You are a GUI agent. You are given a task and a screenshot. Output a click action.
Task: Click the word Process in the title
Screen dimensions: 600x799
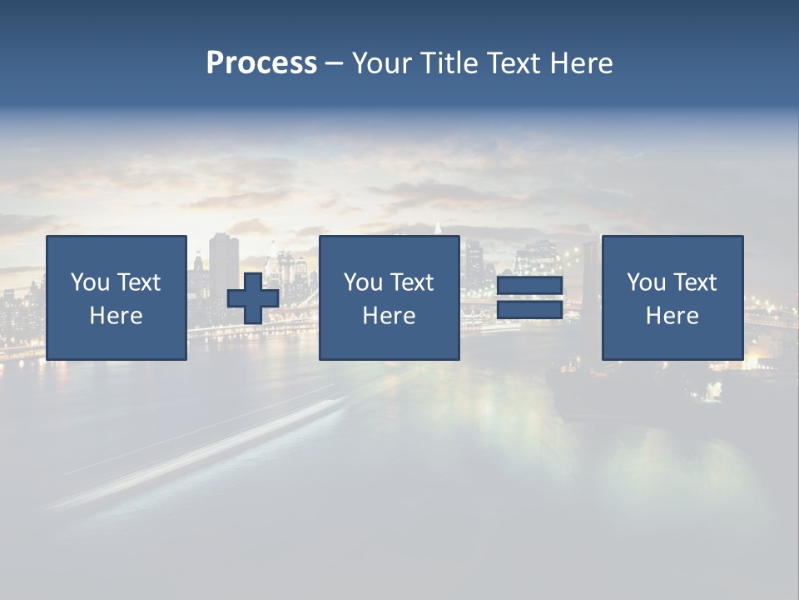click(261, 63)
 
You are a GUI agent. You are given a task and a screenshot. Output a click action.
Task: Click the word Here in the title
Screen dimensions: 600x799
click(582, 63)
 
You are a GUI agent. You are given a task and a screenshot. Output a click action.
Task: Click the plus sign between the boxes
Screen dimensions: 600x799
click(253, 298)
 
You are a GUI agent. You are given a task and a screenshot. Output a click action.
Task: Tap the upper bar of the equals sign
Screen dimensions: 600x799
click(529, 286)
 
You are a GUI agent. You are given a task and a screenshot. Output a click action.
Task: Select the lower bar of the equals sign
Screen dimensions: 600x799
click(529, 309)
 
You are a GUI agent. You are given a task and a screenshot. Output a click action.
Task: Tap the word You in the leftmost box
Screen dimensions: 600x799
click(89, 282)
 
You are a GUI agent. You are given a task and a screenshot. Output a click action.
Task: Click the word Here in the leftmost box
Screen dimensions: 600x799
click(117, 316)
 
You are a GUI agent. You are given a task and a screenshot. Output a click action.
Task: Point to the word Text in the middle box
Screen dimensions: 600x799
click(411, 282)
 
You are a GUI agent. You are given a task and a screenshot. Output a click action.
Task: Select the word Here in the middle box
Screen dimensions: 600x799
click(389, 316)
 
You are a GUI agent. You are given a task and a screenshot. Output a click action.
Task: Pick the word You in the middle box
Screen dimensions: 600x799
click(363, 282)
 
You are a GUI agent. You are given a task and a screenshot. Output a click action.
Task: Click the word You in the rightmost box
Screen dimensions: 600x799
click(646, 282)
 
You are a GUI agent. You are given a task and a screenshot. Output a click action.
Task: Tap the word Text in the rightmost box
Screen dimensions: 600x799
click(694, 282)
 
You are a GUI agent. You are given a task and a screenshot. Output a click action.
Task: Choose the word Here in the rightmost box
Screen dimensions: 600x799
click(672, 316)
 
